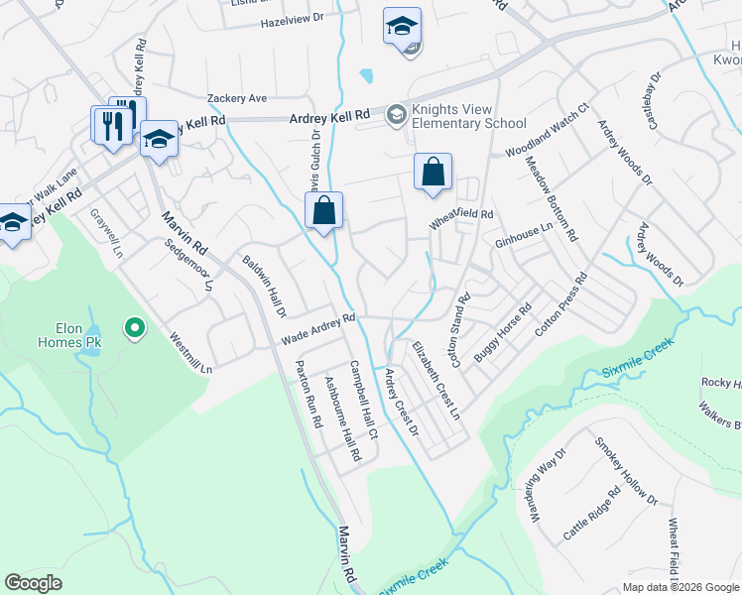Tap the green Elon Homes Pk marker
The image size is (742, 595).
click(x=134, y=325)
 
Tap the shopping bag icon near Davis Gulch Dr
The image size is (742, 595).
click(x=323, y=211)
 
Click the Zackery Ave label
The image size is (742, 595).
click(x=237, y=98)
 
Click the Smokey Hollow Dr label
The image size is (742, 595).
click(x=627, y=472)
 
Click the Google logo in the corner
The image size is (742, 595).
click(x=33, y=583)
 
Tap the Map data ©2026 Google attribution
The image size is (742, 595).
click(x=680, y=587)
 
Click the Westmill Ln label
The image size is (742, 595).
click(x=191, y=352)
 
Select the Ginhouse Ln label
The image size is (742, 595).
click(x=524, y=235)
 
